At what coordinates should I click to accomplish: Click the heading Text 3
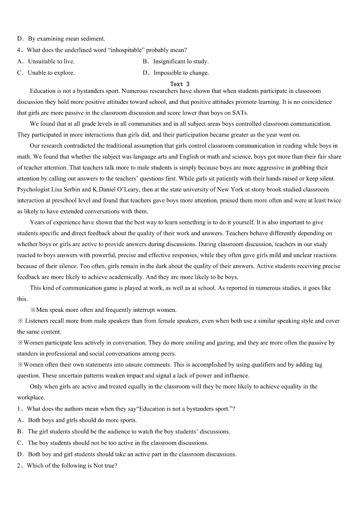click(180, 84)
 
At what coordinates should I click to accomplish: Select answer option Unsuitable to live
click(51, 62)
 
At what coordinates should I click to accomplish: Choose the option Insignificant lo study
click(180, 62)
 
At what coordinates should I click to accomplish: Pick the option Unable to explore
click(51, 73)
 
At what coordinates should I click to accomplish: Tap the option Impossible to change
click(181, 73)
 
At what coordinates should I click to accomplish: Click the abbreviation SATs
click(240, 113)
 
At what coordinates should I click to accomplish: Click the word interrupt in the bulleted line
click(143, 310)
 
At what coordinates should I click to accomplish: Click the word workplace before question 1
click(31, 398)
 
